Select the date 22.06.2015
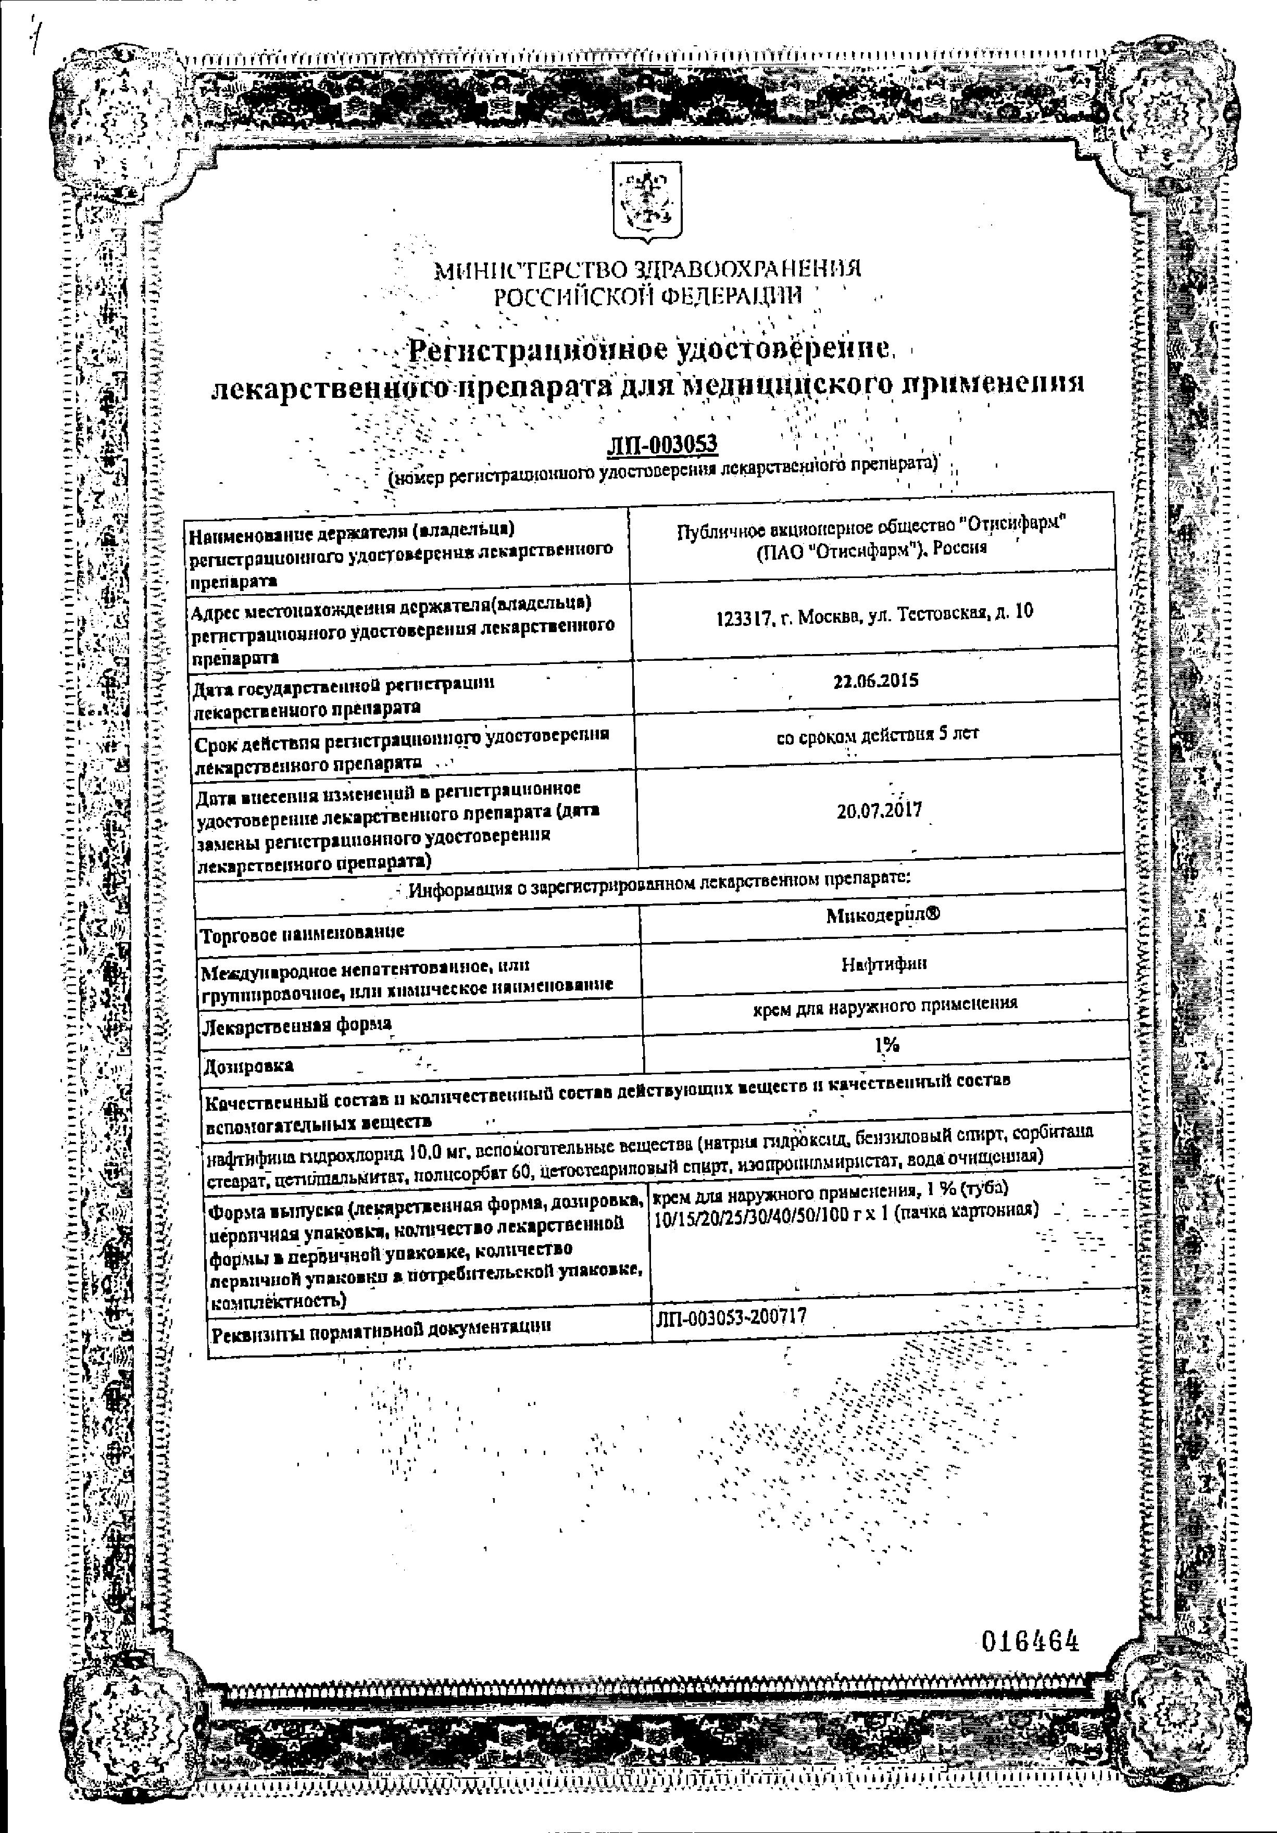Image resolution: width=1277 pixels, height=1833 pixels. (875, 680)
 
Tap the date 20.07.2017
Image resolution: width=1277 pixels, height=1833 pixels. (879, 810)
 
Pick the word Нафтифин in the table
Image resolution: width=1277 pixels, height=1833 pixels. (883, 963)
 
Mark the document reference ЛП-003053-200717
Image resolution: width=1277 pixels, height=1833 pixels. (730, 1316)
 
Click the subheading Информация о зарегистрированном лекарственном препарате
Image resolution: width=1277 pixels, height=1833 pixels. (659, 878)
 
